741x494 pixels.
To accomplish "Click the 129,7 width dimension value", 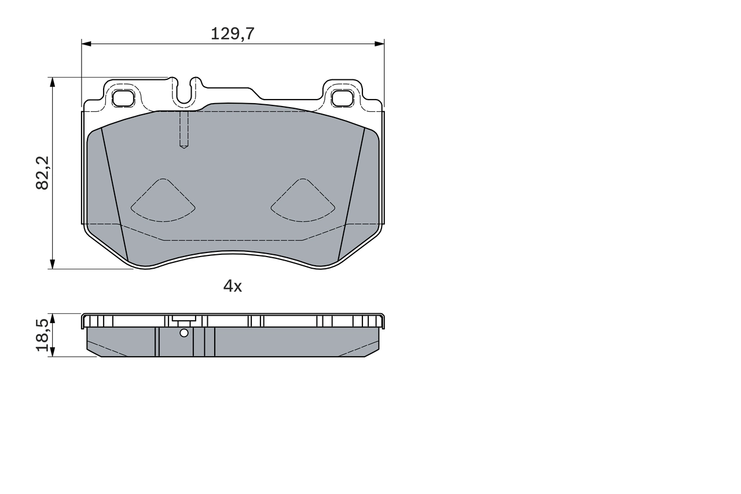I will (x=232, y=34).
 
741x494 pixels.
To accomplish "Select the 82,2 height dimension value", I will (x=42, y=173).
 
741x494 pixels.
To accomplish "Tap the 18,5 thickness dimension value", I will (x=42, y=335).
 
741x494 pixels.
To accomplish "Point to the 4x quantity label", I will (x=233, y=286).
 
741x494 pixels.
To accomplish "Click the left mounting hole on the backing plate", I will (x=123, y=98).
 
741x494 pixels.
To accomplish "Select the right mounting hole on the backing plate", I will (x=342, y=98).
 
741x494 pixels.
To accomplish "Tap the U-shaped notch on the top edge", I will (x=184, y=93).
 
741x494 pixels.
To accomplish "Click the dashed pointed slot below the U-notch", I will (x=184, y=130).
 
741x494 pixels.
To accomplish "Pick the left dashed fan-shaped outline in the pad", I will (x=163, y=201).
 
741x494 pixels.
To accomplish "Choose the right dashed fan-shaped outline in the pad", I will (x=303, y=201).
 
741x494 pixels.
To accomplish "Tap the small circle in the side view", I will (x=184, y=332).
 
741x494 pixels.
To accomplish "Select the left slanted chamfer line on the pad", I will (x=114, y=194).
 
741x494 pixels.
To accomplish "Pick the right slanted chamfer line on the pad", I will (x=351, y=194).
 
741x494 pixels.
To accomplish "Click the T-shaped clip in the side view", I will (x=184, y=319).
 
